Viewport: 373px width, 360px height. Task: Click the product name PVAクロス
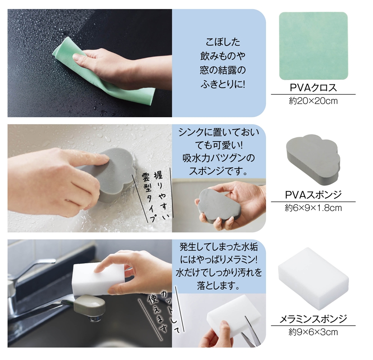click(x=313, y=88)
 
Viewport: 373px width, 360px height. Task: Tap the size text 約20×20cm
click(x=313, y=101)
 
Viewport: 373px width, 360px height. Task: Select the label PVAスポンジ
click(x=313, y=195)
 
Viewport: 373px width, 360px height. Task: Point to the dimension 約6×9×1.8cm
click(x=313, y=208)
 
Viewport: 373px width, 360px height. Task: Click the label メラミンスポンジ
click(x=313, y=319)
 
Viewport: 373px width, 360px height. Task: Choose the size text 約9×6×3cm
click(x=313, y=332)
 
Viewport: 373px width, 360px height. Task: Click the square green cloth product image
click(x=313, y=46)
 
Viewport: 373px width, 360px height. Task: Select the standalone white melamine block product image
click(x=313, y=278)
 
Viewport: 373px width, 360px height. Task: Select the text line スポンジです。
click(x=218, y=171)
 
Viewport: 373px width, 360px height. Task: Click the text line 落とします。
click(x=218, y=285)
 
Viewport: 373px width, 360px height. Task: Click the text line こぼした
click(x=223, y=42)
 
